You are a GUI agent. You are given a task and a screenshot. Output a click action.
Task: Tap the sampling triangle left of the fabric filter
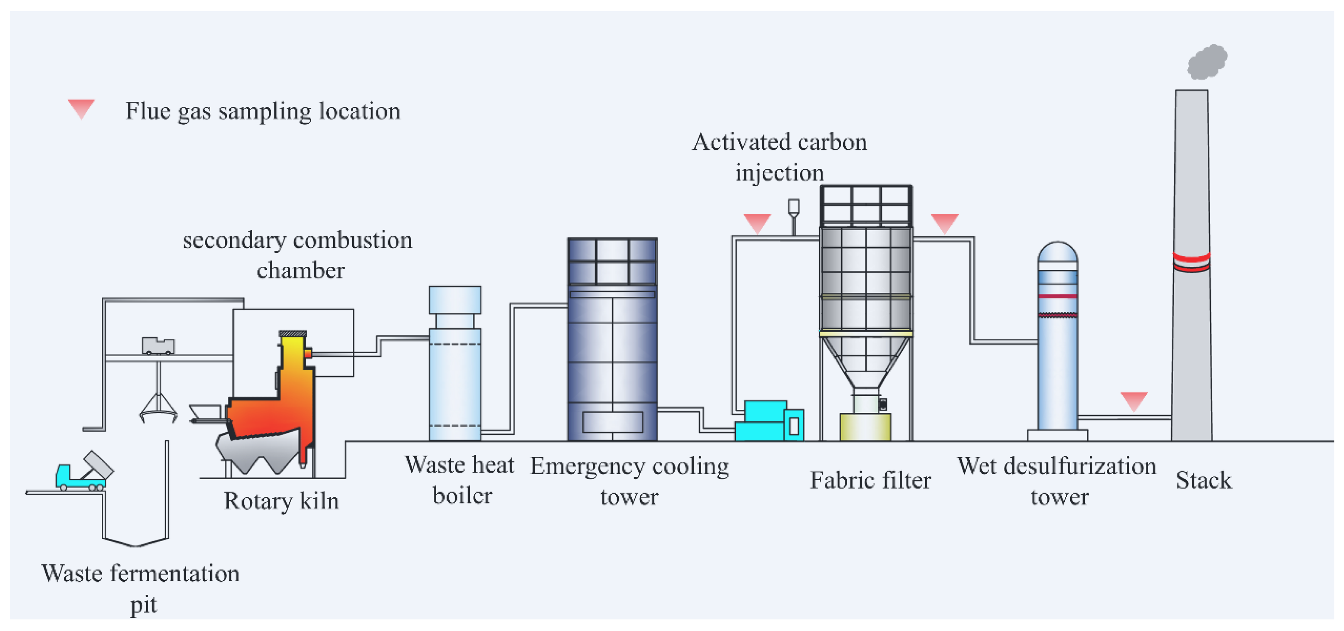(757, 223)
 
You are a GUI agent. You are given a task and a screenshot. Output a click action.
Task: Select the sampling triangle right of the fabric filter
(944, 223)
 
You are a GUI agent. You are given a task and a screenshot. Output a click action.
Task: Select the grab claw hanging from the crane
(158, 408)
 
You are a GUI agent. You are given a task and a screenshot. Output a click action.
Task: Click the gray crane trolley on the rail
(158, 346)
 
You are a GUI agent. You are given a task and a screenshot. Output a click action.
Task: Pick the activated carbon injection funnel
(794, 207)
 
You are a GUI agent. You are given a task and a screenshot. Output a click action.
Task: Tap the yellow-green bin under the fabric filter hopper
(865, 427)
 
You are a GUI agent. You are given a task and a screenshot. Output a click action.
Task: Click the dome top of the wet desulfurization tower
(1057, 252)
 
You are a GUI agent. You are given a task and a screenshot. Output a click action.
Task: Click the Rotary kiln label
(281, 501)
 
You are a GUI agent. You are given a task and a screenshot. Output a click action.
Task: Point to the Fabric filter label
(870, 480)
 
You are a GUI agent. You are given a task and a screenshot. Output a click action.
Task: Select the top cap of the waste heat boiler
(455, 300)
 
